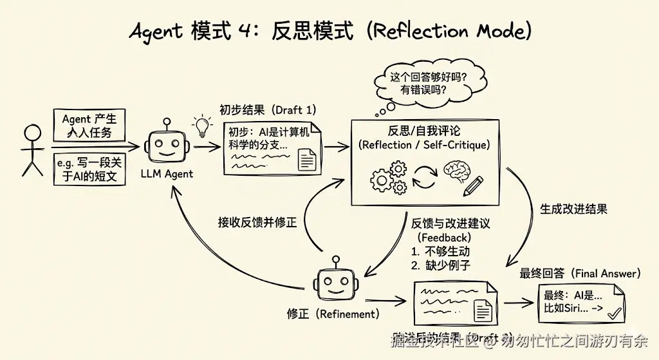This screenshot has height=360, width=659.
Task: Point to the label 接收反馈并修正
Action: tap(257, 223)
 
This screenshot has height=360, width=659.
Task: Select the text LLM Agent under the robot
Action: tap(167, 173)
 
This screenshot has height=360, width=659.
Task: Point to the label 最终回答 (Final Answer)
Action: tap(580, 274)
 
